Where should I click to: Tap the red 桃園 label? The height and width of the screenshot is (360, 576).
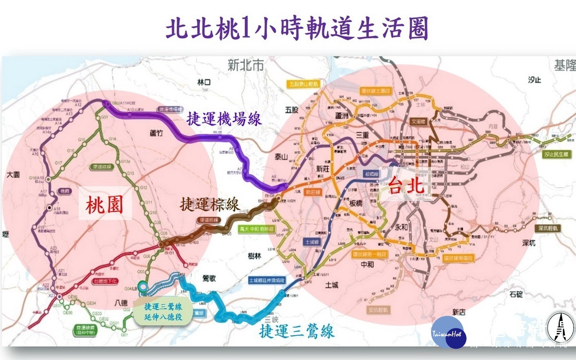click(105, 205)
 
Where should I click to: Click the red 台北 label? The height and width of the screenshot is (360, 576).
click(403, 185)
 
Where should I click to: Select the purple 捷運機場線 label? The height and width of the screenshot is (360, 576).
click(224, 118)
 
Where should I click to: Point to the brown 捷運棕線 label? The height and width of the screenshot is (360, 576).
click(210, 204)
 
